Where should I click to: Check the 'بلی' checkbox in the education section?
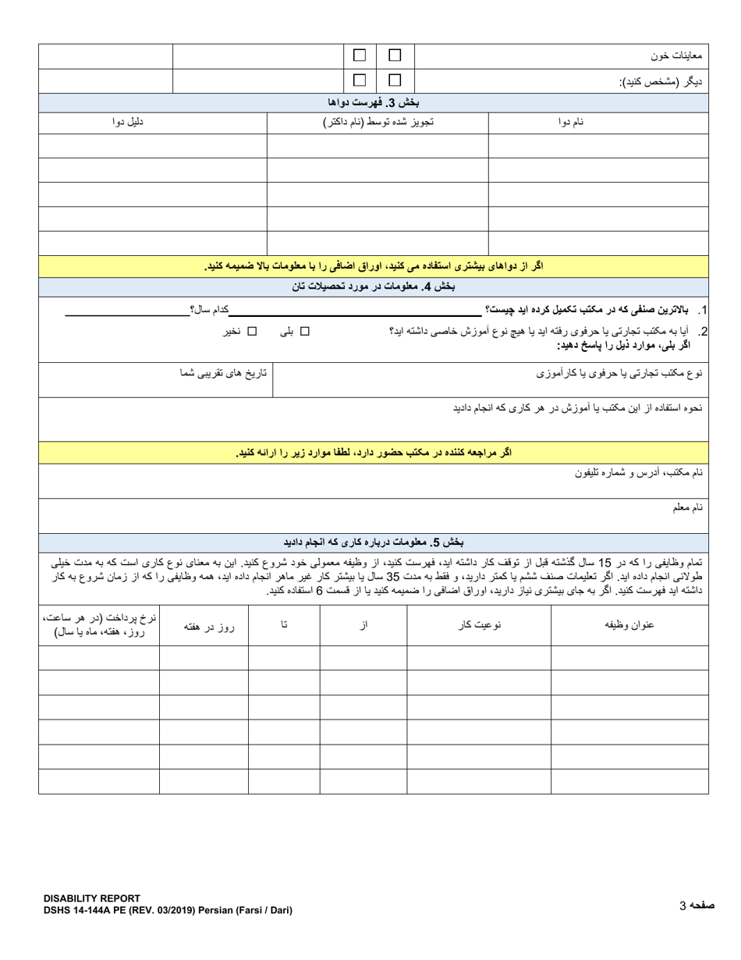click(305, 331)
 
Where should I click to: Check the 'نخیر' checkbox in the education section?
click(252, 331)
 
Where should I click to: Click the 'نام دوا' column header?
click(570, 122)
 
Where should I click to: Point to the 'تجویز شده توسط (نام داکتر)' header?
click(378, 122)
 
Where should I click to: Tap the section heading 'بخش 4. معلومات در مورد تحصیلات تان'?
click(374, 286)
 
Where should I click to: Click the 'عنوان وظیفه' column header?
click(629, 625)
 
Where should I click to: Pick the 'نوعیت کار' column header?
click(478, 625)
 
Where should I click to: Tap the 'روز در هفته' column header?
click(204, 625)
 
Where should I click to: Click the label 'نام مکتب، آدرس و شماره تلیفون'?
click(640, 473)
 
